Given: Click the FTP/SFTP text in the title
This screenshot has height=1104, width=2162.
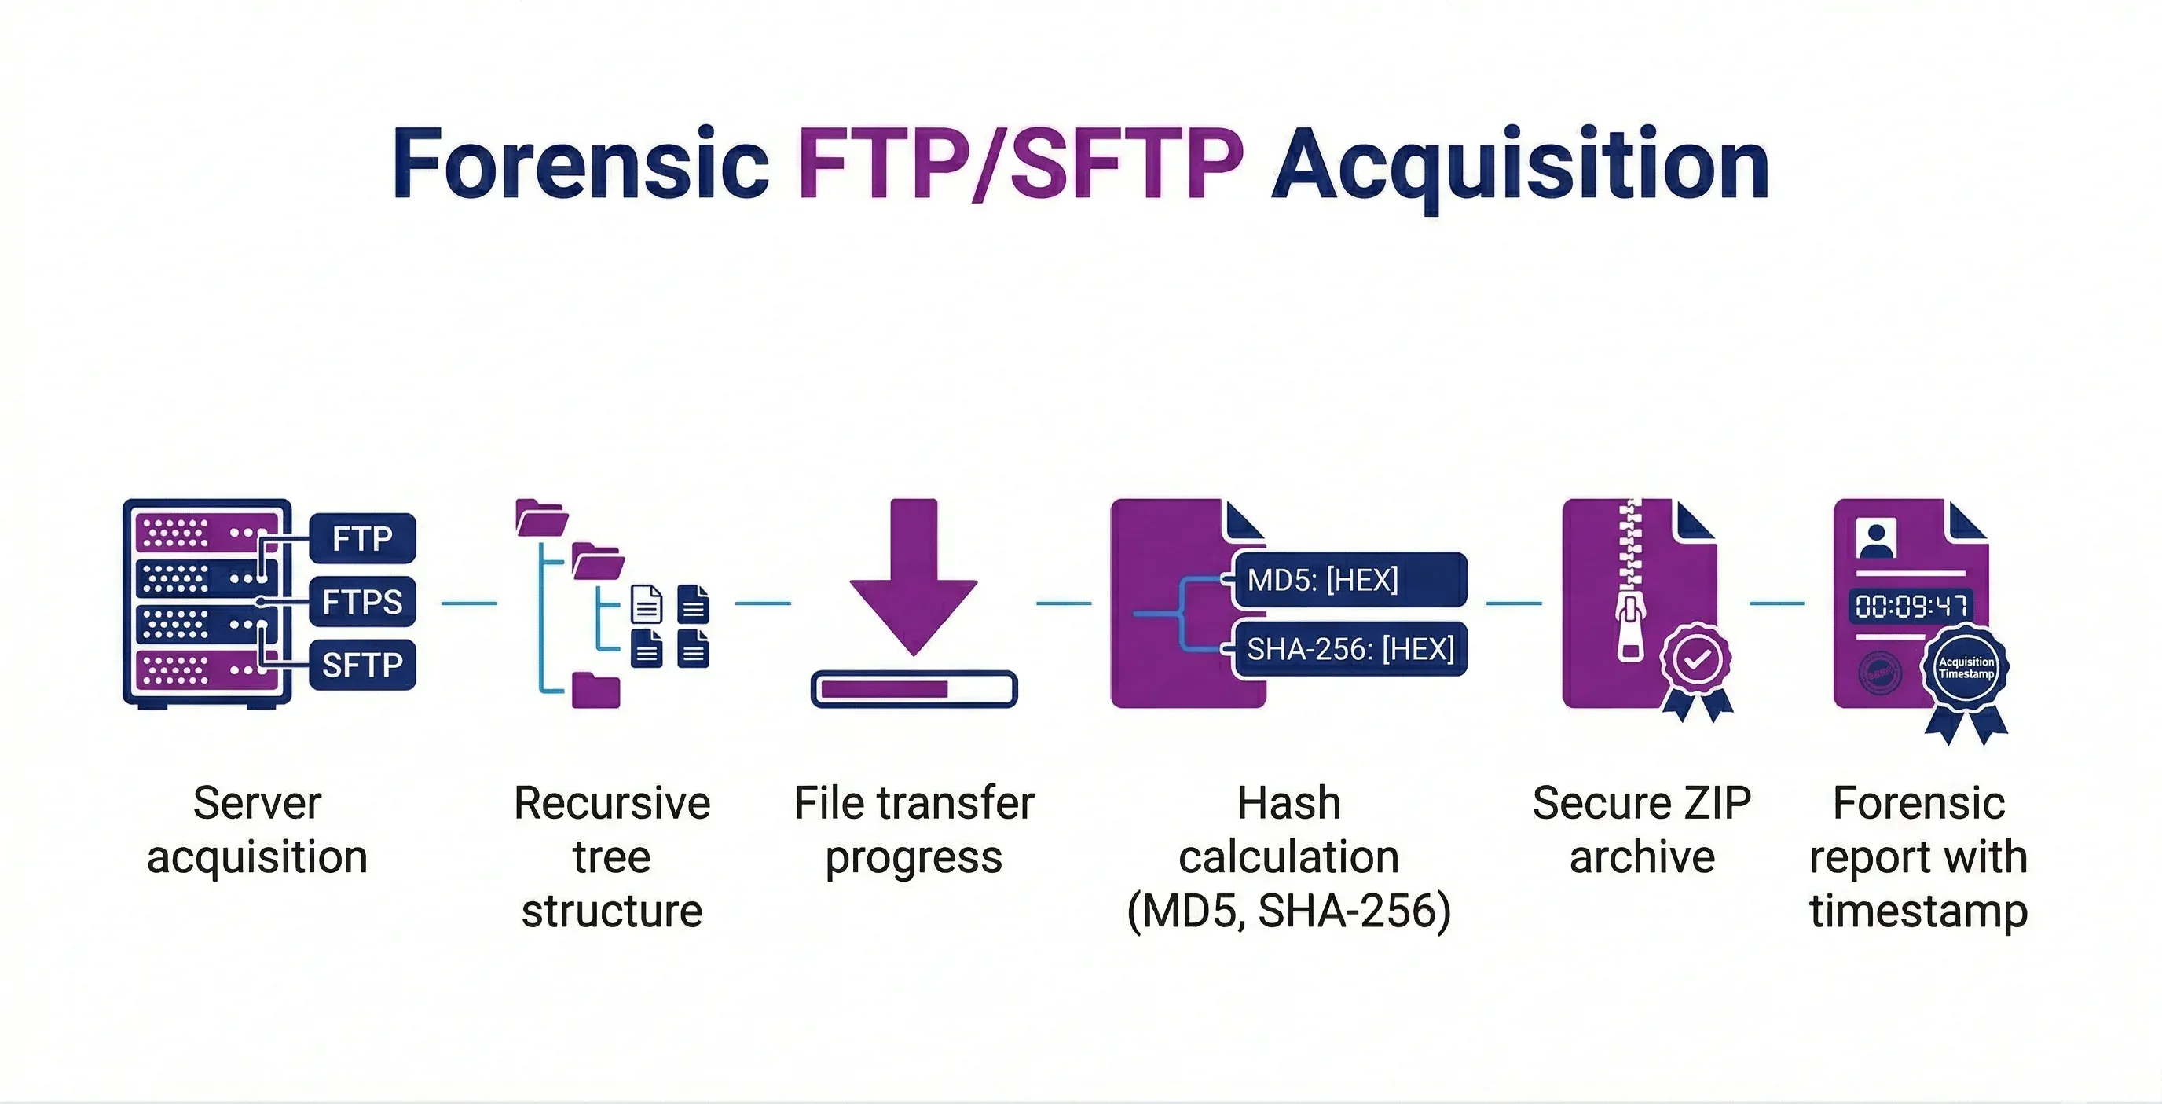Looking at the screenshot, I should pos(1019,163).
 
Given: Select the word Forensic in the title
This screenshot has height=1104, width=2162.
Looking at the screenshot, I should pos(580,163).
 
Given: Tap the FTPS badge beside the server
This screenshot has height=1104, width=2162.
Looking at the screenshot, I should pos(363,602).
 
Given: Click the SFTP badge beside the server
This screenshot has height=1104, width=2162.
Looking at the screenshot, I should pos(363,665).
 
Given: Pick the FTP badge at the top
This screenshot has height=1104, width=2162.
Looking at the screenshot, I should pos(363,538).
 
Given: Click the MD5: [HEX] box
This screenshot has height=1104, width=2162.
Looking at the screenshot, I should pos(1350,579).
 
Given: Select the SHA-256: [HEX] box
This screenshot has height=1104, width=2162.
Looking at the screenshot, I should pos(1350,649).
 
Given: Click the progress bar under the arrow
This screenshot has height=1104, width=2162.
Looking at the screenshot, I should pos(913,689).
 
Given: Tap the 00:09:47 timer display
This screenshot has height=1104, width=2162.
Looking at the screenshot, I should pos(1911,605).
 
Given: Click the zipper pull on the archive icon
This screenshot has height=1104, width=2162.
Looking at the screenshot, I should pos(1629,629).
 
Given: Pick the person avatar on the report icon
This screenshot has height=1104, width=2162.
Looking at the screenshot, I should pos(1876,538).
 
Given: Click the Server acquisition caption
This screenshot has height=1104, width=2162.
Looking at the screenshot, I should pos(257,830).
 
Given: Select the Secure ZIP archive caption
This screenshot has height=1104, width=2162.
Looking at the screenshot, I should pos(1642,830).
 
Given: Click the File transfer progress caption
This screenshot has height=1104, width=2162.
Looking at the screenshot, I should pos(913,830).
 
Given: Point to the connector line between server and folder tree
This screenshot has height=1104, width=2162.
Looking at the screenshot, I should pos(468,603).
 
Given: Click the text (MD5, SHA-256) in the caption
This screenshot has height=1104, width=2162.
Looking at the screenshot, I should pos(1288,911).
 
